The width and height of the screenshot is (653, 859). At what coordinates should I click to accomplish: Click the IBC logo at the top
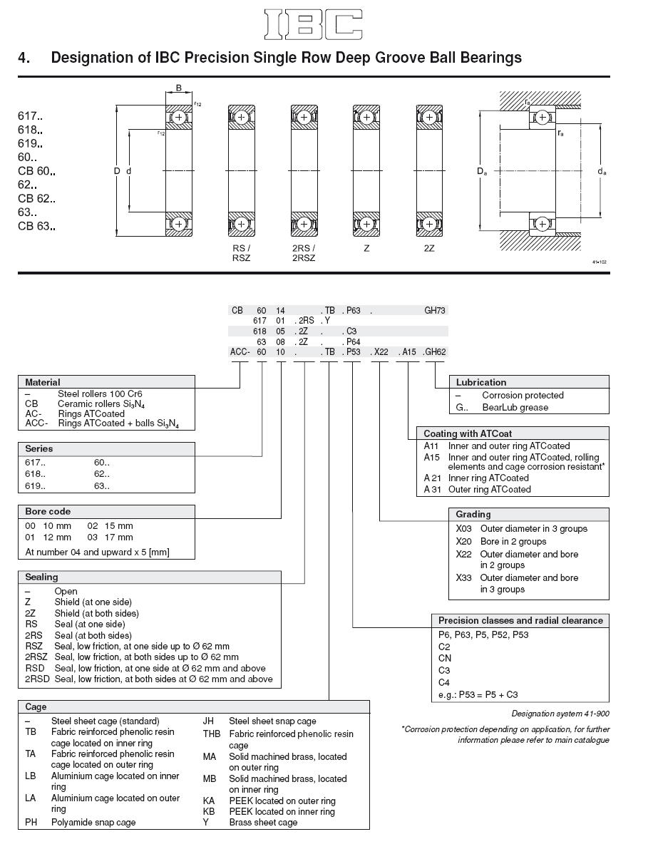(x=313, y=24)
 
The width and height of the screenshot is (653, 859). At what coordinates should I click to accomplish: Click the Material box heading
(x=43, y=382)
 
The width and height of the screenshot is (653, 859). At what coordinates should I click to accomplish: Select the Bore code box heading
(x=48, y=511)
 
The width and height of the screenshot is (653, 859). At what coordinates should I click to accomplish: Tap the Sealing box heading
(x=41, y=577)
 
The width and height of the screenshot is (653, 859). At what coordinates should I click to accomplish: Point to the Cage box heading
(x=36, y=706)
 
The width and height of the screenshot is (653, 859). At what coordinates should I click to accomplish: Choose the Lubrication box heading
(x=481, y=382)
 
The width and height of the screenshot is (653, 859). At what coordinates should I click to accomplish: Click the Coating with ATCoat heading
(x=468, y=433)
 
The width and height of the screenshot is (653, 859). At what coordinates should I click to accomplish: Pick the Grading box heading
(x=473, y=514)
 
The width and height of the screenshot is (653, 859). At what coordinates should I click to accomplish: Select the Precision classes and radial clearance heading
(x=520, y=620)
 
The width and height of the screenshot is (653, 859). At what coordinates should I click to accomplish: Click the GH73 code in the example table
(x=435, y=311)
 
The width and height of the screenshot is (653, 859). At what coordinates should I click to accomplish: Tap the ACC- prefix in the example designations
(x=240, y=351)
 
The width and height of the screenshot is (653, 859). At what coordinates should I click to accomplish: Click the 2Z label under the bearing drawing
(x=429, y=249)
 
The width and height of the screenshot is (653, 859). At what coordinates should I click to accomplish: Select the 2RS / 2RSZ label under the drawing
(x=304, y=253)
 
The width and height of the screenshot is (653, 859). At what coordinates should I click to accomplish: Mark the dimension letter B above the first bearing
(x=179, y=88)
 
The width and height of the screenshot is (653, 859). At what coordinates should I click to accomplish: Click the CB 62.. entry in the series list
(x=36, y=199)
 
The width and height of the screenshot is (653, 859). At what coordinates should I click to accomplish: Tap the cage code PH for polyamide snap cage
(x=31, y=822)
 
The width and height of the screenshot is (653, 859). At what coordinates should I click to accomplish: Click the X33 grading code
(x=464, y=577)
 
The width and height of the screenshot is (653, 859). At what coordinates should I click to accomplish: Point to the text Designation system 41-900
(x=560, y=714)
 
